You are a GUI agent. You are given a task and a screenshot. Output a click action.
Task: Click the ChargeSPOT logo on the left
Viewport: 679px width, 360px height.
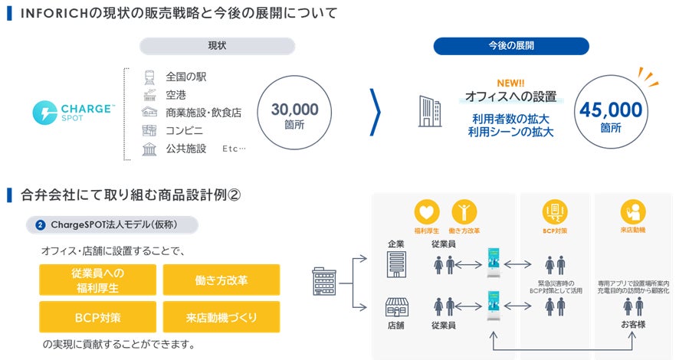(x=73, y=112)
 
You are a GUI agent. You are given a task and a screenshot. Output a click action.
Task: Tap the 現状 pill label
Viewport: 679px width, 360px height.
(x=218, y=46)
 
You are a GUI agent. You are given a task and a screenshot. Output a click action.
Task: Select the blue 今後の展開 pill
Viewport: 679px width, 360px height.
(x=511, y=46)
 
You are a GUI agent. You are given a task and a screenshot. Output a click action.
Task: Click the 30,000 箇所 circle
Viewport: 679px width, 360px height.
(x=294, y=116)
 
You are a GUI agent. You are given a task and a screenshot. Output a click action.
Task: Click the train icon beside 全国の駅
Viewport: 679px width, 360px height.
(x=149, y=77)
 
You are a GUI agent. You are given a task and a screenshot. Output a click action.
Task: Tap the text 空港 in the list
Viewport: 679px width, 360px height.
(x=176, y=94)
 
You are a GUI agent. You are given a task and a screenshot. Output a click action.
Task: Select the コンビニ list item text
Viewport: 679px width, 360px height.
(x=184, y=130)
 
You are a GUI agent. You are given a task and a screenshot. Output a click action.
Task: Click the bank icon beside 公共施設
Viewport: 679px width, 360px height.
(x=149, y=149)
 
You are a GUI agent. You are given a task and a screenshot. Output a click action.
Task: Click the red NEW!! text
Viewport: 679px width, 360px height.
(x=511, y=83)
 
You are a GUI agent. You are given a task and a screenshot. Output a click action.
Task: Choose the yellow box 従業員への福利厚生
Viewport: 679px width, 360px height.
(x=97, y=280)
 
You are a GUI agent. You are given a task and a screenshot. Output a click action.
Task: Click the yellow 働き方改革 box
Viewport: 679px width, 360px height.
(x=221, y=280)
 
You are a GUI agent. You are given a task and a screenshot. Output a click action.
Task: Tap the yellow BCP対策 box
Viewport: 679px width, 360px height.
(x=97, y=316)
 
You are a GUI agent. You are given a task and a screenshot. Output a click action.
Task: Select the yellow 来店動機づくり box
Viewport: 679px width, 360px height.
(x=221, y=316)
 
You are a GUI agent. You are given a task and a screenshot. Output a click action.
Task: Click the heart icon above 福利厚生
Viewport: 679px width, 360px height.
(x=427, y=211)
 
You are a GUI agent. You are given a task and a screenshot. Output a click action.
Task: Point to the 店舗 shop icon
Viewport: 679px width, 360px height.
(x=396, y=307)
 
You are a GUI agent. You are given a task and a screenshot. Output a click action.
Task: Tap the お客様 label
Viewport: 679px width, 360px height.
(x=633, y=326)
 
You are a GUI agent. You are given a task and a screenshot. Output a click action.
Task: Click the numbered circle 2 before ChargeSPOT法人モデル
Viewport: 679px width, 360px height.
(x=40, y=225)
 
